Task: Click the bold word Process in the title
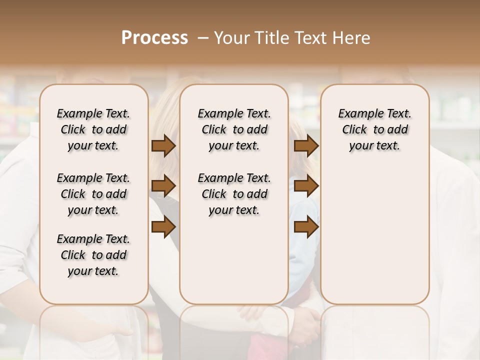tap(154, 38)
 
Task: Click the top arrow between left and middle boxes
tap(163, 145)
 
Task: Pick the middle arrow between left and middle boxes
tap(163, 186)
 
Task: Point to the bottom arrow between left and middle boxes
tap(163, 226)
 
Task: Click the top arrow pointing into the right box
tap(306, 145)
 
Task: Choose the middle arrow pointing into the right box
tap(306, 186)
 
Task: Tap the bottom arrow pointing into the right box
tap(306, 226)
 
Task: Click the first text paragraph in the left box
tap(93, 129)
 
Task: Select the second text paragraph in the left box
tap(93, 194)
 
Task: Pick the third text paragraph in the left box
tap(93, 255)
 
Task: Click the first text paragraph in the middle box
tap(234, 129)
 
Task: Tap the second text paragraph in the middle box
tap(234, 194)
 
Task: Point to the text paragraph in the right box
tap(374, 129)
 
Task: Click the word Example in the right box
tap(357, 114)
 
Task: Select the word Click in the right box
tap(354, 130)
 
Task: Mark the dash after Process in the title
tap(203, 38)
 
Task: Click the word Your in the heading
tap(231, 38)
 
